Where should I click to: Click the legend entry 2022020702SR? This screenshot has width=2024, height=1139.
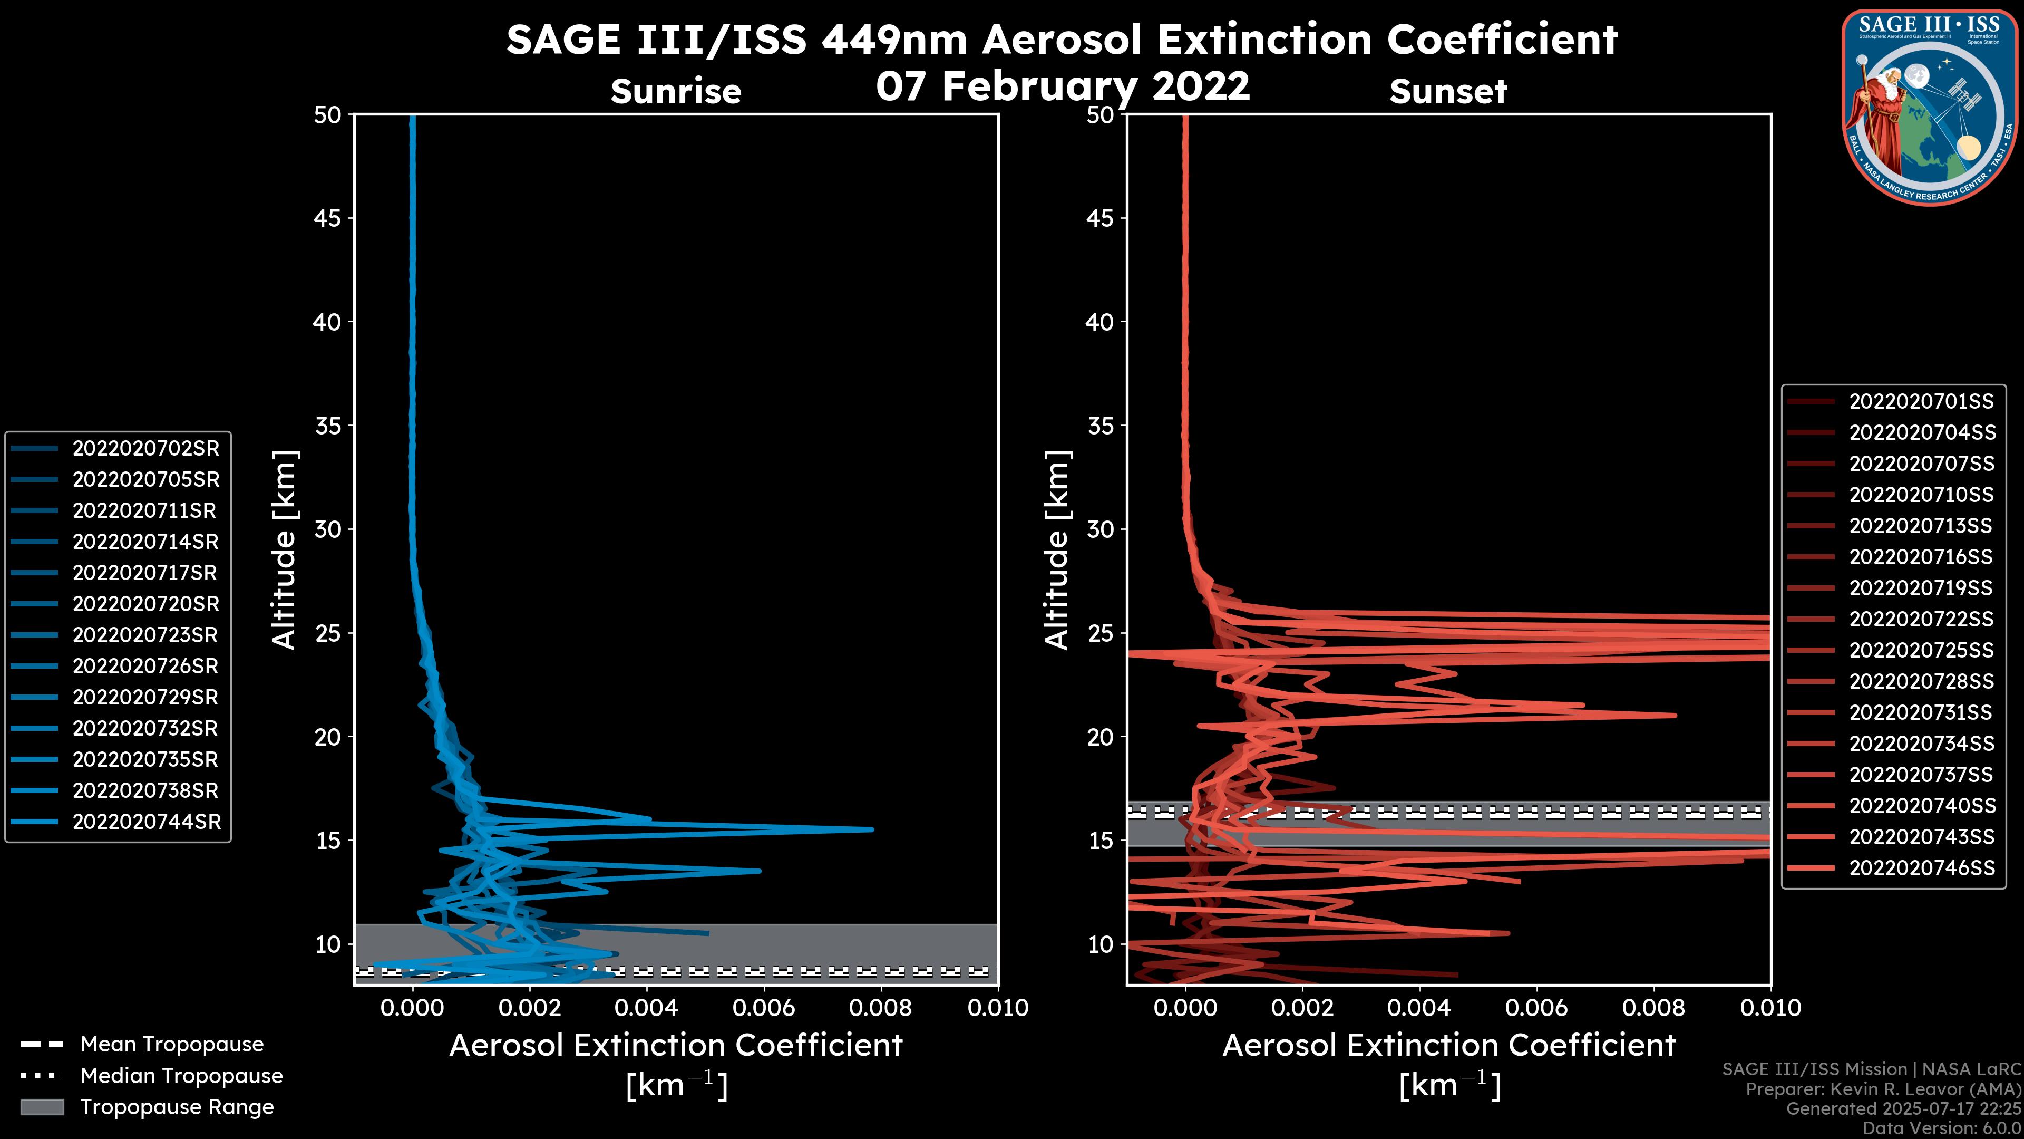click(x=145, y=448)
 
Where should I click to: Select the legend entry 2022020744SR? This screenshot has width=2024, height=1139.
click(x=146, y=822)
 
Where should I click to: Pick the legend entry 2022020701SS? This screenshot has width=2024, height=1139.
click(x=1921, y=402)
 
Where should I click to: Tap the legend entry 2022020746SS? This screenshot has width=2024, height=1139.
click(x=1921, y=868)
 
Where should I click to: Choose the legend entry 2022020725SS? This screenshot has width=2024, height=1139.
click(x=1921, y=650)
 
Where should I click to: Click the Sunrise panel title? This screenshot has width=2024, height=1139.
click(x=676, y=91)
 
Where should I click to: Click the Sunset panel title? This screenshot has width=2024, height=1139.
click(x=1448, y=91)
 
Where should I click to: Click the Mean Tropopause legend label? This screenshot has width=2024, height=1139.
click(x=171, y=1044)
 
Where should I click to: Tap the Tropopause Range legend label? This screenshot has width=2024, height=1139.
click(x=177, y=1107)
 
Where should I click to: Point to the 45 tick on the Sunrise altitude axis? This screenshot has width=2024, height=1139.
click(x=328, y=218)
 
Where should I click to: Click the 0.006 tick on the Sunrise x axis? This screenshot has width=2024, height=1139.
click(x=763, y=1008)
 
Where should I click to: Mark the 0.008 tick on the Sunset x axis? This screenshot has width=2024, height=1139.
click(x=1654, y=1008)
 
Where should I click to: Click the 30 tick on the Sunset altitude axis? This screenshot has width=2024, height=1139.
click(x=1101, y=529)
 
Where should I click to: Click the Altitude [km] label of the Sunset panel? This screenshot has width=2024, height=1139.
click(x=1057, y=549)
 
